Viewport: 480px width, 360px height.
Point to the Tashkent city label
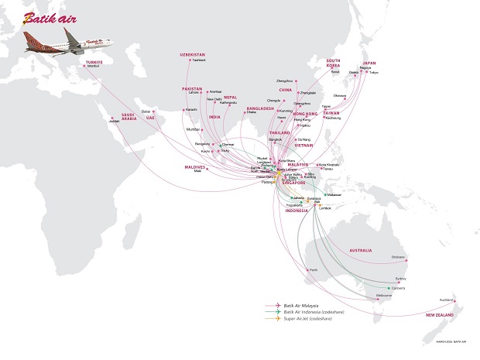coord(191,60)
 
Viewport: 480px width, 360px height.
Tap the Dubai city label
coord(146,111)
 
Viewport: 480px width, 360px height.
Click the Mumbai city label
coord(194,130)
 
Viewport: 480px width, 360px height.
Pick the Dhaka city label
coord(252,113)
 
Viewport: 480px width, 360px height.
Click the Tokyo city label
coord(374,72)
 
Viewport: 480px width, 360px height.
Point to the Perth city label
coord(314,269)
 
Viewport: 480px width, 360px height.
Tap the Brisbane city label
coord(399,256)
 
